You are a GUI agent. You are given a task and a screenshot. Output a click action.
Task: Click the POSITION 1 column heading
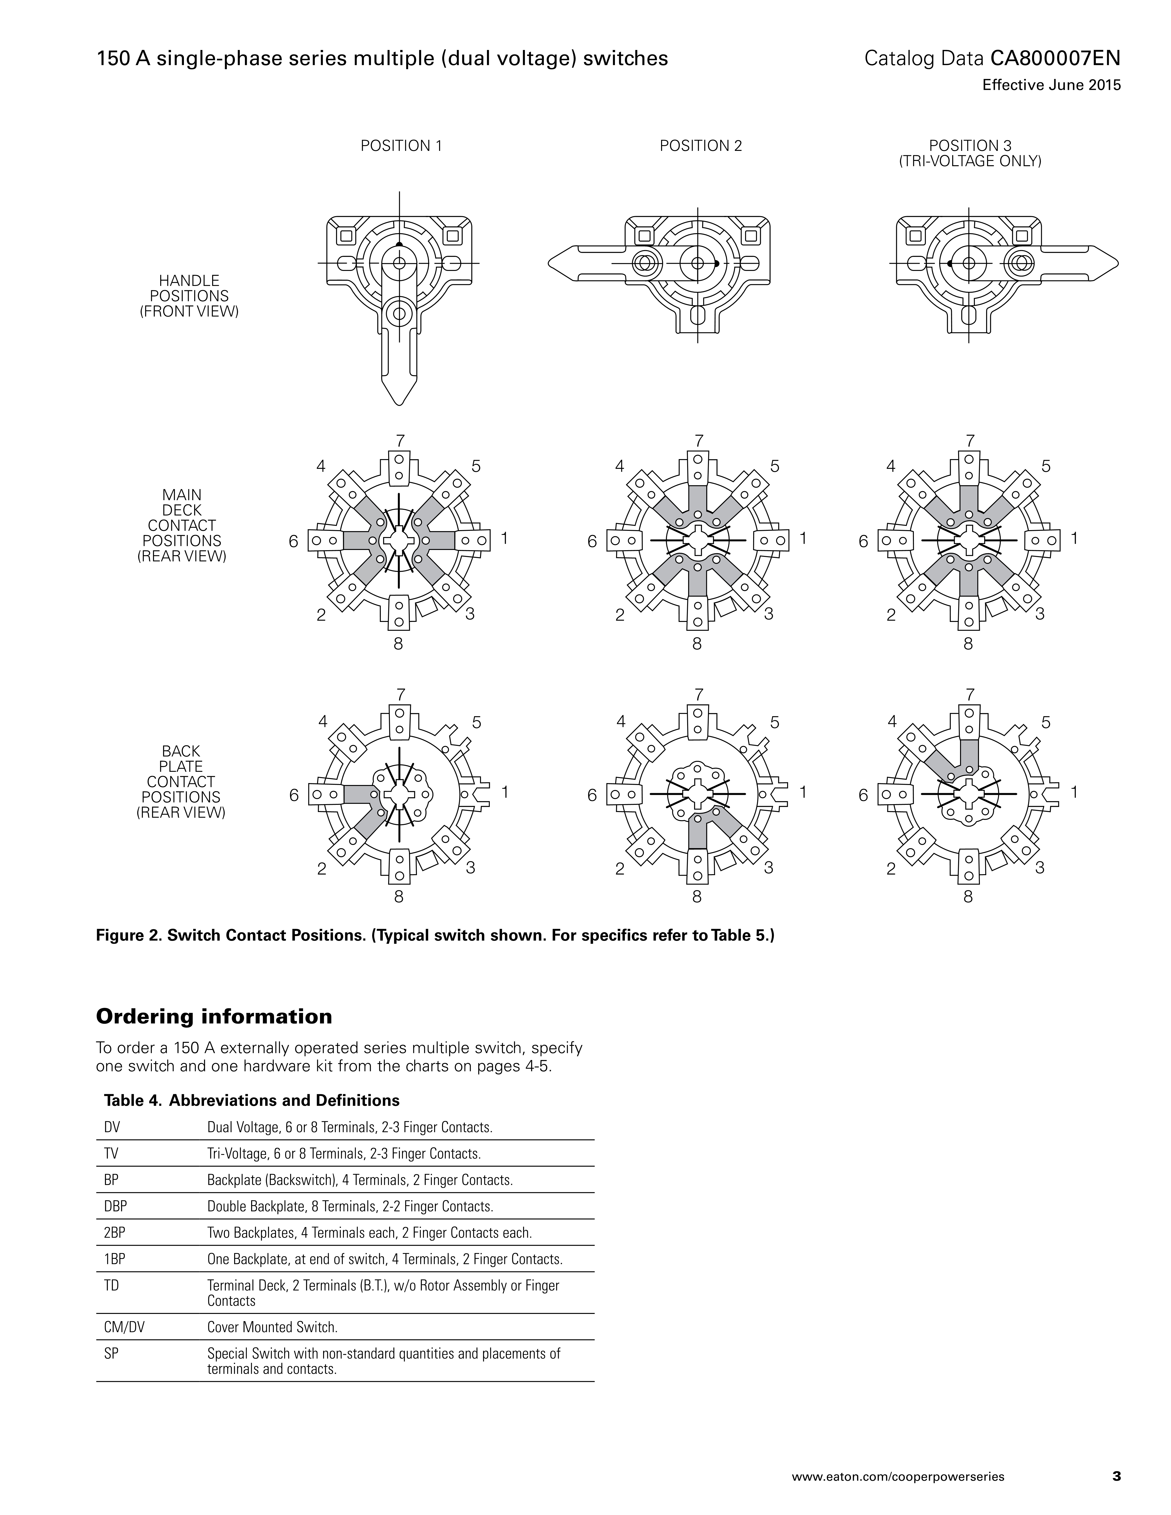tap(401, 146)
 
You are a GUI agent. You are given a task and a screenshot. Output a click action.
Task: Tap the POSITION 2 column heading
tap(701, 146)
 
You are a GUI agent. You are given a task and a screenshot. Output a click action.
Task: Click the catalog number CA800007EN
tap(1055, 58)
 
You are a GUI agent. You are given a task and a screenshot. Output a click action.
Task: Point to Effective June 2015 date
tap(1051, 85)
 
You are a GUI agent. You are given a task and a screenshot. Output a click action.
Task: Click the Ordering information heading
tap(214, 1017)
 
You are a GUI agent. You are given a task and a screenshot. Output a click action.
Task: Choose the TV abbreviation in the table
tap(111, 1154)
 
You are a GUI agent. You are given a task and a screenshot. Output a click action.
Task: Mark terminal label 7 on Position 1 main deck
tap(400, 440)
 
